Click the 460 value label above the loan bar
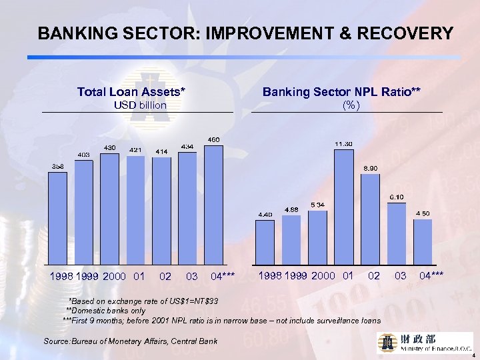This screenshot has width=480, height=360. pyautogui.click(x=213, y=139)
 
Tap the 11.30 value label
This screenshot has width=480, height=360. pyautogui.click(x=344, y=144)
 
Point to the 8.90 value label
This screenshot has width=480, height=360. pyautogui.click(x=371, y=168)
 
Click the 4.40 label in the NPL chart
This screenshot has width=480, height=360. pyautogui.click(x=265, y=214)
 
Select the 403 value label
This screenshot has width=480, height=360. pyautogui.click(x=84, y=155)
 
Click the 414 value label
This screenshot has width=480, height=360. pyautogui.click(x=161, y=152)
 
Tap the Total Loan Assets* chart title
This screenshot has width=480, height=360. pyautogui.click(x=131, y=91)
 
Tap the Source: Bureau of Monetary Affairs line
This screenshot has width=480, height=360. pyautogui.click(x=131, y=341)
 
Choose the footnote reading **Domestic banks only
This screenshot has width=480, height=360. pyautogui.click(x=105, y=311)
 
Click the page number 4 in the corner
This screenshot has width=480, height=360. pyautogui.click(x=473, y=355)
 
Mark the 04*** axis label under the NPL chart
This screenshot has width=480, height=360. pyautogui.click(x=433, y=275)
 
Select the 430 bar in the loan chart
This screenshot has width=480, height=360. pyautogui.click(x=109, y=208)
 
